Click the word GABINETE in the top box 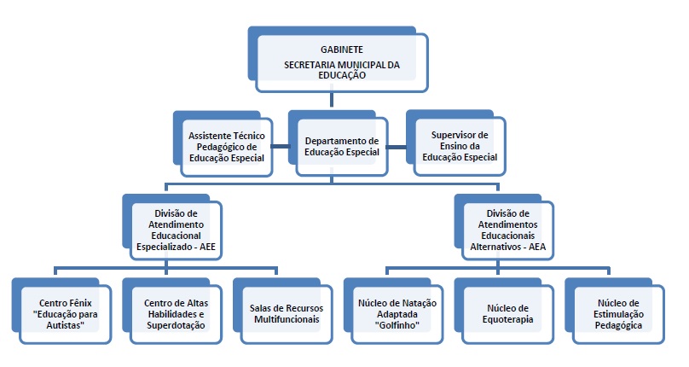coord(341,50)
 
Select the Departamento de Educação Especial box coord(338,143)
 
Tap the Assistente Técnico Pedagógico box coord(223,144)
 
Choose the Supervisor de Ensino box coord(456,143)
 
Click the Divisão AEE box coord(172,227)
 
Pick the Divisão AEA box coord(504,227)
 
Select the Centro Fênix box coord(62,311)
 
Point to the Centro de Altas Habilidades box coord(172,311)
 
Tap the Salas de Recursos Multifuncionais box coord(283,311)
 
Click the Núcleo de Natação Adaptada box coord(394,311)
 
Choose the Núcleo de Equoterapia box coord(504,311)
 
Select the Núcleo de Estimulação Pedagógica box coord(615,311)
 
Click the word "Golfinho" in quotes coord(397,326)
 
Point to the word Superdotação coord(176,326)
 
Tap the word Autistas coord(65,326)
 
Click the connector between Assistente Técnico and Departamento coord(281,147)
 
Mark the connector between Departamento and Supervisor coord(397,147)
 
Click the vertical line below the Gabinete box coord(332,100)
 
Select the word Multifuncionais coord(287,319)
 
